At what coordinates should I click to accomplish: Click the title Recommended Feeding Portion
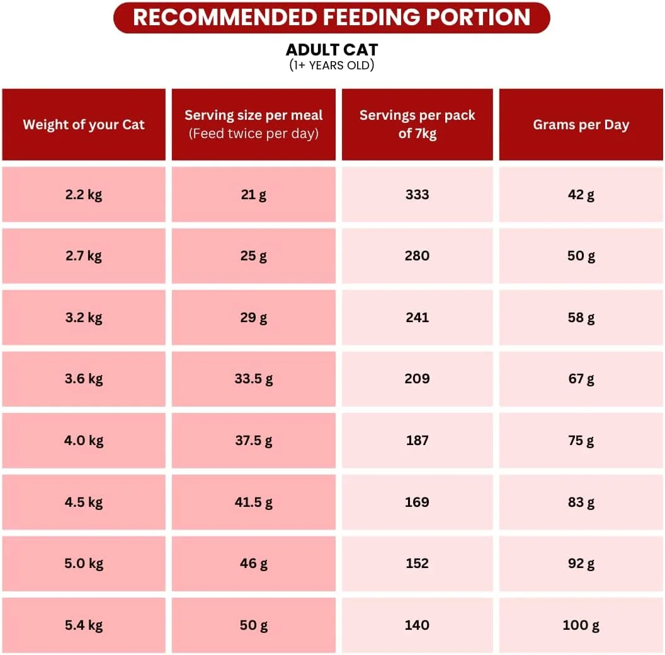(x=332, y=17)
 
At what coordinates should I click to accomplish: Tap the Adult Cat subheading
(x=332, y=50)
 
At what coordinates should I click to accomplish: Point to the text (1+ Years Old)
(x=332, y=65)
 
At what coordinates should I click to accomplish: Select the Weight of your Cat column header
(x=84, y=125)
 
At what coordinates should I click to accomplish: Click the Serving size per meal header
(x=254, y=115)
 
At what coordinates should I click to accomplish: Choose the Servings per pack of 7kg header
(x=418, y=124)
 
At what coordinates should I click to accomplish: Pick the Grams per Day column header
(x=581, y=125)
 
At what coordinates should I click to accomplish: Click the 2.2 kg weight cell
(x=84, y=194)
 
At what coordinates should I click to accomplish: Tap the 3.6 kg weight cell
(x=84, y=379)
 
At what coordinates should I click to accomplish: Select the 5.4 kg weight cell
(x=84, y=625)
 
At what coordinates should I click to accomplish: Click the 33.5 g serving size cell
(x=254, y=379)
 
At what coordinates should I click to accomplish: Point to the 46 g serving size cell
(x=254, y=564)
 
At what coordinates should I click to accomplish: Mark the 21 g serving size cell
(x=254, y=194)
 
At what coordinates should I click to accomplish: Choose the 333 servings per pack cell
(x=418, y=194)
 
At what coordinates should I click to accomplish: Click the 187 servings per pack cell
(x=418, y=441)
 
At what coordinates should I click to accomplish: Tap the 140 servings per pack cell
(x=418, y=625)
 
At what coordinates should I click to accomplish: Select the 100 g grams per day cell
(x=581, y=625)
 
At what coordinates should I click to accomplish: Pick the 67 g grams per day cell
(x=581, y=379)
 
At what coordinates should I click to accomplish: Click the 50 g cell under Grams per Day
(x=581, y=256)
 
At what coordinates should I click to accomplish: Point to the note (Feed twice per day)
(x=254, y=134)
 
